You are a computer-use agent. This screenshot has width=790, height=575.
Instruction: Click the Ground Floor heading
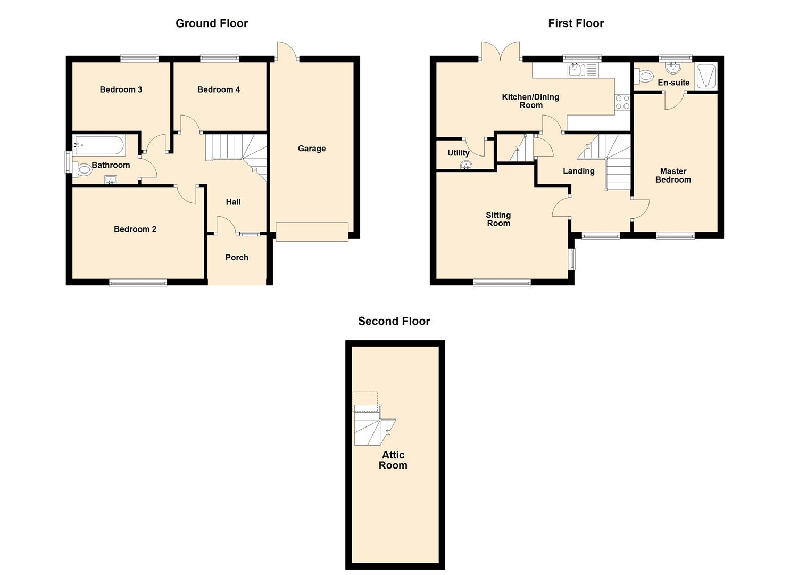coord(212,23)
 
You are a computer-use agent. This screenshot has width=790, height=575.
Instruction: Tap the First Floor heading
coord(576,23)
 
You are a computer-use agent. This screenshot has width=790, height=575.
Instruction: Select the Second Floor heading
coord(394,321)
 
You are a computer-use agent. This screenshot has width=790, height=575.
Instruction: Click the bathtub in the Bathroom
coord(99,145)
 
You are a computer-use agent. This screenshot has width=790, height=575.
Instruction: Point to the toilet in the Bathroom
coord(84,170)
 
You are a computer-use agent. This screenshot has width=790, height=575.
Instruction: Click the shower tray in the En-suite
coord(706,76)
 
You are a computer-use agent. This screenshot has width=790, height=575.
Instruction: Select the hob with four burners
coord(622,102)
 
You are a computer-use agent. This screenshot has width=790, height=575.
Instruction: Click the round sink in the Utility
coord(467,165)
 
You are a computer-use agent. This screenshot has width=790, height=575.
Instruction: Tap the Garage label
coord(312,149)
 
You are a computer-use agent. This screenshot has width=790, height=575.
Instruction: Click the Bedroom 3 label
coord(121,89)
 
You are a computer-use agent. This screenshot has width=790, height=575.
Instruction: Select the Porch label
coord(237,258)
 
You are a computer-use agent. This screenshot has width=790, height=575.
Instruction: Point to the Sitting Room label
coord(498,219)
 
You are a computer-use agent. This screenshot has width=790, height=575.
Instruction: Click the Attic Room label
coord(393,460)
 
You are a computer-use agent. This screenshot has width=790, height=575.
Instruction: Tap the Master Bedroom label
coord(673,176)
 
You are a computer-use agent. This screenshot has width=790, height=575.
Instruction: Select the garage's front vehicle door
coord(312,232)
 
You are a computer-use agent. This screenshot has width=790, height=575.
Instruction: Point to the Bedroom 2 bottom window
coord(138,283)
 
